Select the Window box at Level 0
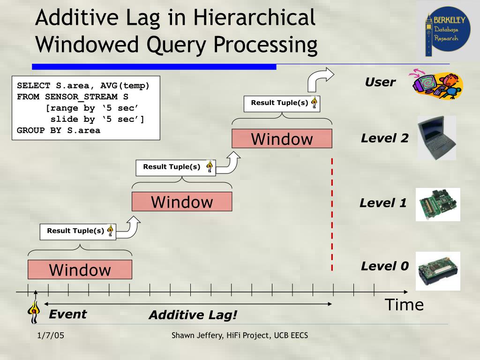click(80, 270)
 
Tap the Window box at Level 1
click(182, 202)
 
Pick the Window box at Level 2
click(282, 139)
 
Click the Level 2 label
click(384, 138)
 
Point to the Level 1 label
click(383, 203)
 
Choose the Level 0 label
click(384, 266)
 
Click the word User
click(380, 82)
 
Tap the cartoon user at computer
click(436, 85)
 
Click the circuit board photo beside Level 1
click(438, 204)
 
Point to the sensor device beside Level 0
click(438, 270)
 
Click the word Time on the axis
click(404, 305)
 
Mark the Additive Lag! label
click(193, 315)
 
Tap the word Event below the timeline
click(68, 314)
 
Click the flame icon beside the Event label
click(34, 311)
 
